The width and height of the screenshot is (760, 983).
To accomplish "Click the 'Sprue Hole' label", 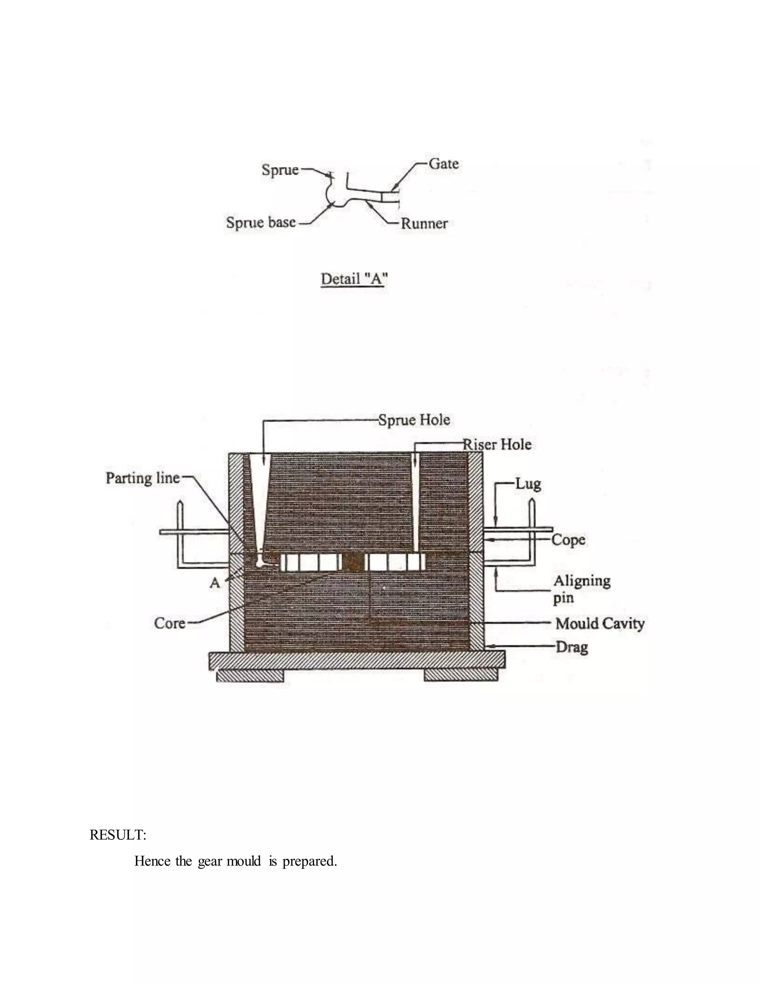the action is coord(414,420).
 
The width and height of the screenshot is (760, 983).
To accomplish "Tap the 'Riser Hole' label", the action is coord(498,445).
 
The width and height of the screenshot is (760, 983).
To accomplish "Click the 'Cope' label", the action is coord(568,540).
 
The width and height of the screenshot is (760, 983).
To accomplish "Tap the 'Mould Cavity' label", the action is coord(600,624).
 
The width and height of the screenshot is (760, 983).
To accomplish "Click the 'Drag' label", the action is coord(572,647).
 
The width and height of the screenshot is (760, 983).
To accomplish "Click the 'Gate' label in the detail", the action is coord(443,164).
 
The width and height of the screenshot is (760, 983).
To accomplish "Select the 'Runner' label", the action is coord(424,224).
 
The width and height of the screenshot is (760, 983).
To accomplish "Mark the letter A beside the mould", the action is coord(215,583).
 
